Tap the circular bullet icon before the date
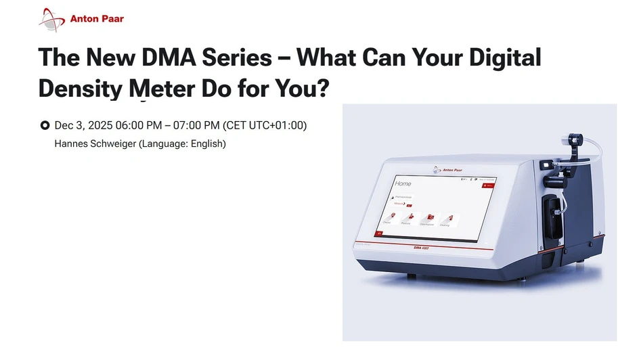click(45, 125)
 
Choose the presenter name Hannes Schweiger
click(95, 143)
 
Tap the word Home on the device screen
click(403, 183)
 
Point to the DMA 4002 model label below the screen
click(422, 248)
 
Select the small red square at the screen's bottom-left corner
click(379, 233)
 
